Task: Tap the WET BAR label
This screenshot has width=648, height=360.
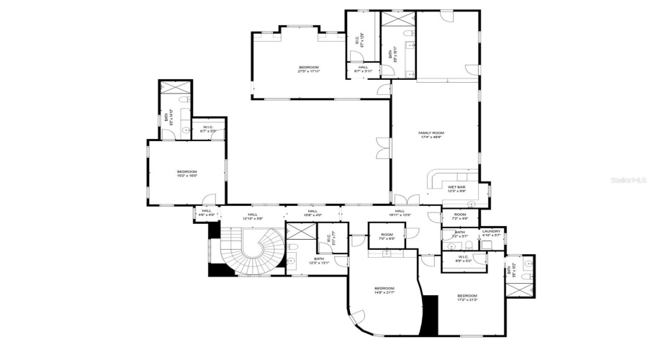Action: click(456, 189)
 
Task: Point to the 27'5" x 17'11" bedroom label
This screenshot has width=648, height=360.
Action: click(308, 69)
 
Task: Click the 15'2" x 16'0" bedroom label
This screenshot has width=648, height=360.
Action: click(186, 173)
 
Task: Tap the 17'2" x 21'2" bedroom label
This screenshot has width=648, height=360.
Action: click(467, 297)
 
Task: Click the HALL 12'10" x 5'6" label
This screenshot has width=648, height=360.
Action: click(253, 215)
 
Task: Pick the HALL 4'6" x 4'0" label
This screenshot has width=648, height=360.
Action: click(207, 213)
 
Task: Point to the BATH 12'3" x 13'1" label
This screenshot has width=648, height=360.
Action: click(319, 261)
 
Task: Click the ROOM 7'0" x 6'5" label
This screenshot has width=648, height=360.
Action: click(387, 236)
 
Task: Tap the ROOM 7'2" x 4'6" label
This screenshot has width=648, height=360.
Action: click(460, 215)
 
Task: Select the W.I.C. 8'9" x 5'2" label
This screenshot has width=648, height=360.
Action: click(463, 259)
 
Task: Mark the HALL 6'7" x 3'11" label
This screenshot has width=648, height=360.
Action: click(363, 69)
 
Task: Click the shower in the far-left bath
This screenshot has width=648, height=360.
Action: click(175, 89)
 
